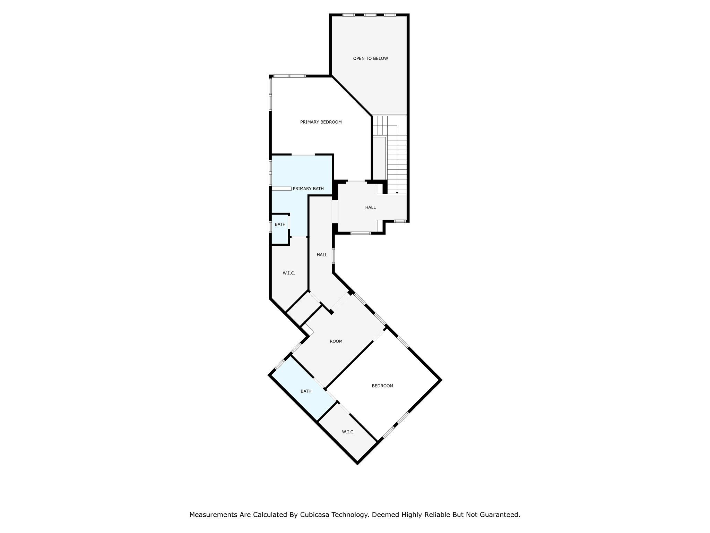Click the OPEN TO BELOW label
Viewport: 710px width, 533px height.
click(370, 59)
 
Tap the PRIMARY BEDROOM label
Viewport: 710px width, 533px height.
click(321, 122)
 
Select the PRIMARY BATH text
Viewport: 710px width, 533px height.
click(308, 189)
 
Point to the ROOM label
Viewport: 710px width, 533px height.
click(336, 341)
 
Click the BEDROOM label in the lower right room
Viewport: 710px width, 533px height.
click(382, 386)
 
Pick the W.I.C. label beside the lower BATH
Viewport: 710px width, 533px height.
click(348, 432)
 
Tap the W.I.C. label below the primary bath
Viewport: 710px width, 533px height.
click(289, 273)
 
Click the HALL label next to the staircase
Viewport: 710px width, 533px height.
click(370, 208)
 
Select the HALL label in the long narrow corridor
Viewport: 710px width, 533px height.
click(322, 255)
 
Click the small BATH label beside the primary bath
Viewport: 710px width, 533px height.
click(280, 225)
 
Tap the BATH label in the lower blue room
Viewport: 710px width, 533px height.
click(306, 391)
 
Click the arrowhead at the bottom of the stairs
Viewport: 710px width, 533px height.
click(397, 193)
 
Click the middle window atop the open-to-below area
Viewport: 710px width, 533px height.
click(370, 15)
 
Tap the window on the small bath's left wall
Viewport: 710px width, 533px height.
click(270, 227)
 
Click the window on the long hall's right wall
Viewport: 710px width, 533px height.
click(334, 256)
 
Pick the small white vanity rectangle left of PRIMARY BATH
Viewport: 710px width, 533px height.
click(281, 189)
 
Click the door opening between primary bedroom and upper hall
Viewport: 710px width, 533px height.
click(357, 181)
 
